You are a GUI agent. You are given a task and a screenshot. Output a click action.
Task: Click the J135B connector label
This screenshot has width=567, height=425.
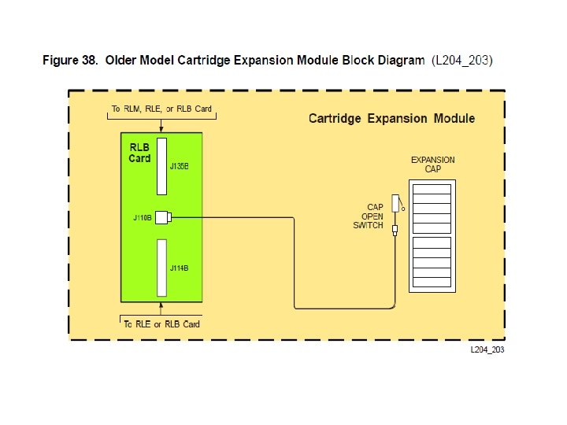point(180,167)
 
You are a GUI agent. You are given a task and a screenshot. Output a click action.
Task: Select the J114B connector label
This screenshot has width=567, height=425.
point(180,268)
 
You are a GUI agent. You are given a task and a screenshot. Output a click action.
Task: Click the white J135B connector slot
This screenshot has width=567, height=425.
point(161,166)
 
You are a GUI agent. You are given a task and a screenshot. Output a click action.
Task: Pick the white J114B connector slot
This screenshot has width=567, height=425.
point(161,268)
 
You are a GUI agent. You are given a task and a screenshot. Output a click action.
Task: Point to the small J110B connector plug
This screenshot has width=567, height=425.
point(163,218)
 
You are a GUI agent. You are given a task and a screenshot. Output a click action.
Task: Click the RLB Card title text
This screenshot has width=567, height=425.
point(139,153)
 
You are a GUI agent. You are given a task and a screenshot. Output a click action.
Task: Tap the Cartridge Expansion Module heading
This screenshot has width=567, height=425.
point(391,119)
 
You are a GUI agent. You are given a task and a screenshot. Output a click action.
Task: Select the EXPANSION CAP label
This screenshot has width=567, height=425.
point(432,164)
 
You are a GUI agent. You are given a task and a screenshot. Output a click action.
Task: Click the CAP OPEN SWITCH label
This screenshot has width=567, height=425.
point(370,216)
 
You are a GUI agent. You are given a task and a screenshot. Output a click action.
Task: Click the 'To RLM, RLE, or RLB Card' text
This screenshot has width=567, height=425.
point(161,109)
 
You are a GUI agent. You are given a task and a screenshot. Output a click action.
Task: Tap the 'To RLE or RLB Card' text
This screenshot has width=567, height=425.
point(161,323)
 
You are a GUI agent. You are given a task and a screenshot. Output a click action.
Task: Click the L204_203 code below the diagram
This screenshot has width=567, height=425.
point(487,349)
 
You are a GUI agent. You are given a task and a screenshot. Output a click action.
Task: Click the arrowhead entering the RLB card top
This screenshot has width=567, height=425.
point(161,128)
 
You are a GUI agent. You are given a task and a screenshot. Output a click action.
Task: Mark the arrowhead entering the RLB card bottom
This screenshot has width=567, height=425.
point(161,305)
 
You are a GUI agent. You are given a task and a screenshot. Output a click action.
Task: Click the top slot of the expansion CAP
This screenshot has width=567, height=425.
point(432,189)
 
